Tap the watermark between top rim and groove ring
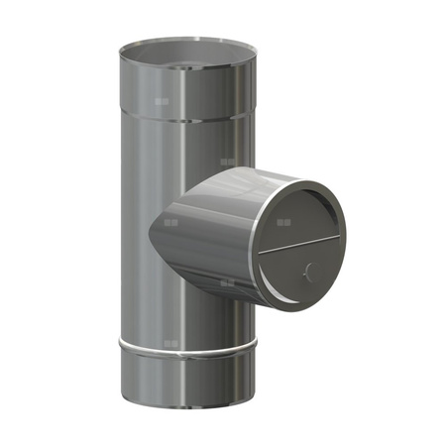click(x=164, y=100)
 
